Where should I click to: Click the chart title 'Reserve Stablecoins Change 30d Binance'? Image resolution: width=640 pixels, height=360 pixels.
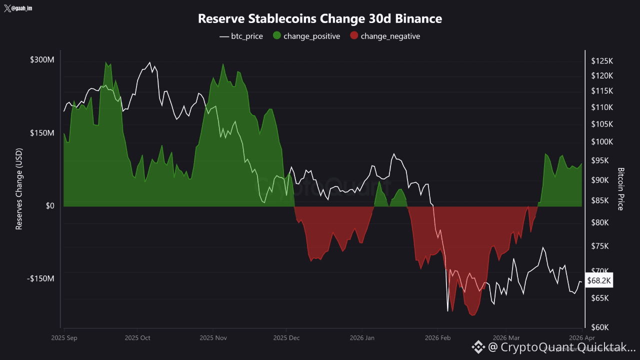320,19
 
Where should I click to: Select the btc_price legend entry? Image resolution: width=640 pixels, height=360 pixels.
241,36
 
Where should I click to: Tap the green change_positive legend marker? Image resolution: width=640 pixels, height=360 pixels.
277,36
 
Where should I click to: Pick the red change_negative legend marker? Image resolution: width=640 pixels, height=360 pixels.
354,36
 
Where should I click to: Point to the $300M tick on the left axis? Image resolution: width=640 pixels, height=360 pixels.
42,60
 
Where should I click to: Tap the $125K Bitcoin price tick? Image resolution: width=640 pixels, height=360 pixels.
601,61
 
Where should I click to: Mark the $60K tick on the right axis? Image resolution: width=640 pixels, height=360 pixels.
600,327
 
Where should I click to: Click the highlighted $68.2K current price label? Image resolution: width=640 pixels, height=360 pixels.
599,281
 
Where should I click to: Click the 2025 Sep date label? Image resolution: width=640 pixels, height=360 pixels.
64,338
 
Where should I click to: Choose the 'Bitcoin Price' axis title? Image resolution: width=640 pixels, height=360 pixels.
621,189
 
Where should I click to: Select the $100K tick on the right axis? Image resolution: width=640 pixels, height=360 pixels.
601,142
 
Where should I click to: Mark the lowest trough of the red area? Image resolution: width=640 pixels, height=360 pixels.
472,315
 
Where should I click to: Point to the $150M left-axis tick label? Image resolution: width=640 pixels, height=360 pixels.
42,133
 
